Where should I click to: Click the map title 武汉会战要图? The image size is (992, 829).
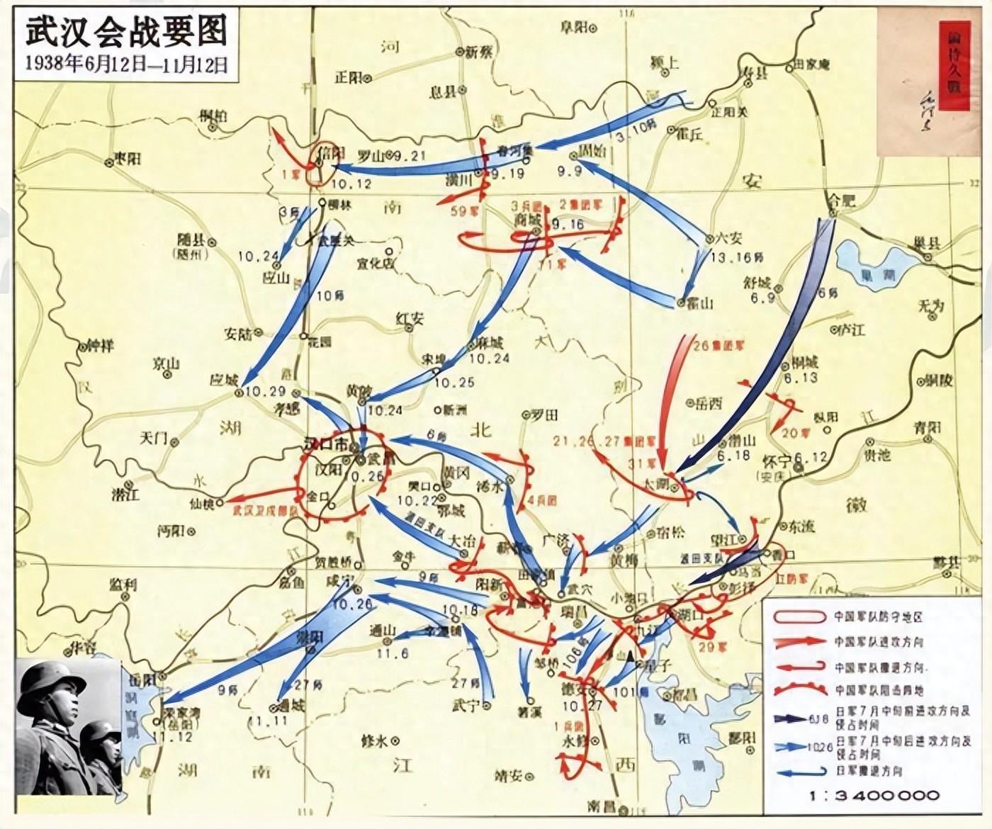tap(126, 32)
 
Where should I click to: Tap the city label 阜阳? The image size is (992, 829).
tap(573, 27)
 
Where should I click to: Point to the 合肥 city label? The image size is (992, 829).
tap(843, 201)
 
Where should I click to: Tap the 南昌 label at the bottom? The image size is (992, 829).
tap(602, 806)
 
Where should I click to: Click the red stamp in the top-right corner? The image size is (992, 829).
tap(954, 66)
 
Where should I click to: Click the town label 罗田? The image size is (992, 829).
tap(544, 415)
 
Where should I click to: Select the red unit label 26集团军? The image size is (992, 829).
tap(720, 346)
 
